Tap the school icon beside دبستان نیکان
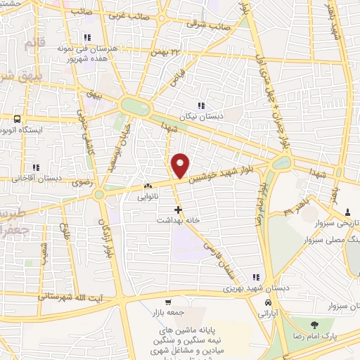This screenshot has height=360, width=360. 202,106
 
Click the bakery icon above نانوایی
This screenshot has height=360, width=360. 148,186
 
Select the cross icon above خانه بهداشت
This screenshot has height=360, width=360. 178,209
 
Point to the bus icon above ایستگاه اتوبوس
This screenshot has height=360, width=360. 16,118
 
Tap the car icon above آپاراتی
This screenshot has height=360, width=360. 269,302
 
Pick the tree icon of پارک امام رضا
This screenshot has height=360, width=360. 313,324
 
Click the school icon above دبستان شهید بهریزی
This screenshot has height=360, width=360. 255,277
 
